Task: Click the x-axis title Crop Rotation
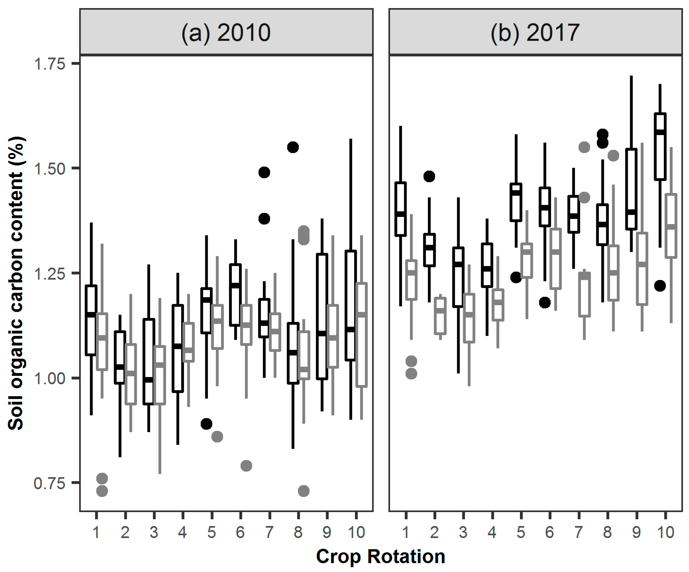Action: pos(381,556)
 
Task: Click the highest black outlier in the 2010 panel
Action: pos(293,147)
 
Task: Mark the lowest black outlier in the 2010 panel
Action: pos(206,424)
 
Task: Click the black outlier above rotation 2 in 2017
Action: pos(429,176)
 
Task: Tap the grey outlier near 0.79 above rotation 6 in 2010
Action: pos(246,465)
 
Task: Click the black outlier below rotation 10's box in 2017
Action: pos(660,286)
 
